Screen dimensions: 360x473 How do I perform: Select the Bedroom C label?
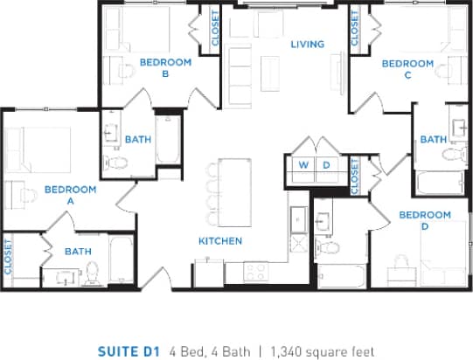tap(407, 69)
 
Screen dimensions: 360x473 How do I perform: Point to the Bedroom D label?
tap(424, 221)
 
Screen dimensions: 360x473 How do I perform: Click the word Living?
tap(308, 45)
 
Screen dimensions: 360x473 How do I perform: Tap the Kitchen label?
tap(220, 241)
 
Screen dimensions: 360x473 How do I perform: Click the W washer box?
tap(304, 164)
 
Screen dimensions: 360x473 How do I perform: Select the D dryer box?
tap(326, 164)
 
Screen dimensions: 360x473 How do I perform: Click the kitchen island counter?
tap(233, 188)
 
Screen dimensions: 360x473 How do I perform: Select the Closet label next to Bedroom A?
tap(8, 258)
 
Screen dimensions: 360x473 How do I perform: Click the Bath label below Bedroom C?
tap(433, 140)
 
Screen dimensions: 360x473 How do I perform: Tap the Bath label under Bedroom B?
tap(138, 140)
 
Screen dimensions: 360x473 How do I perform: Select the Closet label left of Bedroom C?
tap(354, 30)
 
